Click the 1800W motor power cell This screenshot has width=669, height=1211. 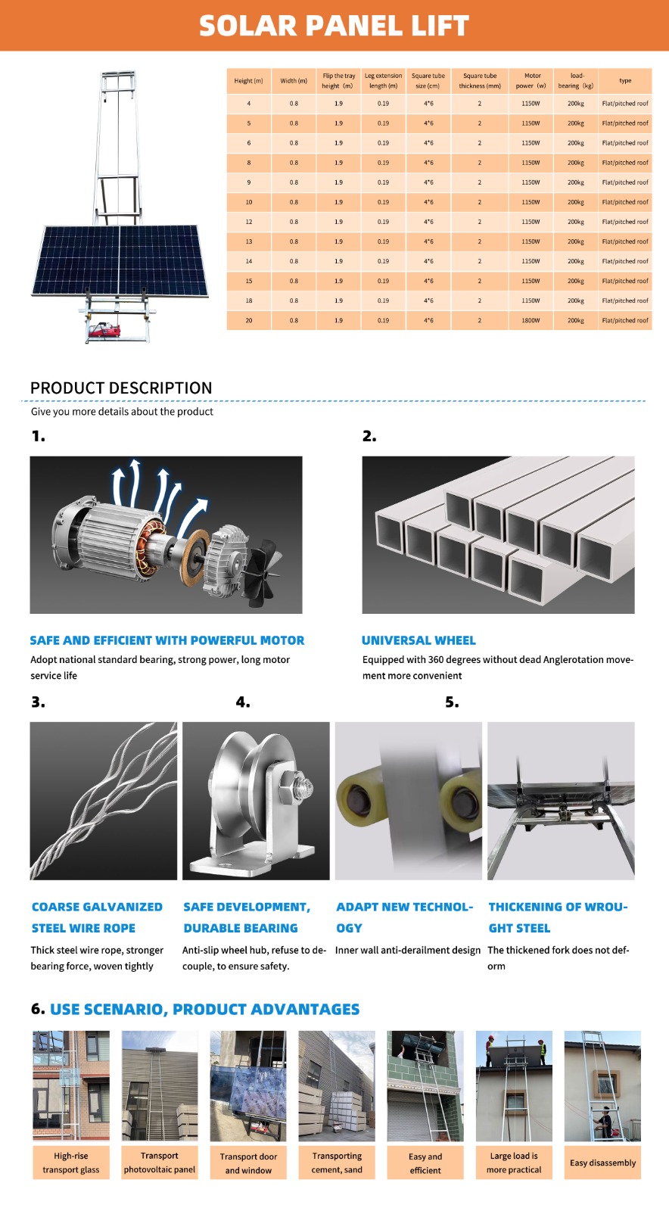pos(531,320)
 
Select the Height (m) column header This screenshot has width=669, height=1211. pos(248,81)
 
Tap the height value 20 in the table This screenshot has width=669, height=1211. pos(248,320)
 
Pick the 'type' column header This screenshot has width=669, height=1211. pos(625,81)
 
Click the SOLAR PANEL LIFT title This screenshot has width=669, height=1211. pos(334,26)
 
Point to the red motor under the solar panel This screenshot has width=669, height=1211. pos(107,331)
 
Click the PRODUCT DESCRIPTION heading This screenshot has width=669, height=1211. pos(121,388)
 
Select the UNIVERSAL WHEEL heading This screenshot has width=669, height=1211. pos(419,640)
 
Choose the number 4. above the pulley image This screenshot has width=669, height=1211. pos(242,702)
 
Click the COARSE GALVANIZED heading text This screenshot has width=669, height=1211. pos(97,907)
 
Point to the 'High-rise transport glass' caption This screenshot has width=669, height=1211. pos(71,1163)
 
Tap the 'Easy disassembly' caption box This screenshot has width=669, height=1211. pos(602,1163)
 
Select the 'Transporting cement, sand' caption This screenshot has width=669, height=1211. pos(337,1163)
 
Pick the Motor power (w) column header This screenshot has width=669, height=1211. pos(531,81)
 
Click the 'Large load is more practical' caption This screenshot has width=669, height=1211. pos(514,1163)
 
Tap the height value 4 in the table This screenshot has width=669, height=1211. pos(248,104)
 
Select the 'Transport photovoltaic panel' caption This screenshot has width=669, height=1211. pos(160,1163)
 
